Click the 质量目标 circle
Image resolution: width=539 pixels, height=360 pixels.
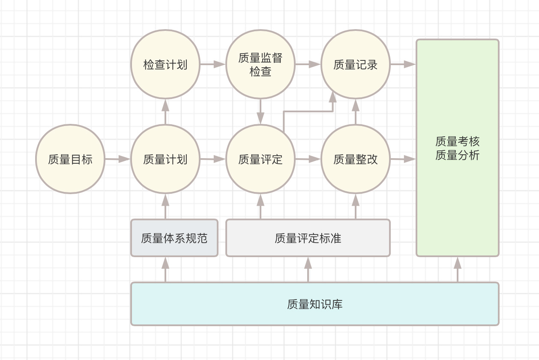pos(70,159)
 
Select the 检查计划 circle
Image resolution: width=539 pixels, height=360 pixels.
pos(165,64)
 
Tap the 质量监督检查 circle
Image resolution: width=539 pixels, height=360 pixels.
pos(261,64)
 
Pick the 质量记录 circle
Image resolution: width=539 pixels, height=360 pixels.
pos(356,64)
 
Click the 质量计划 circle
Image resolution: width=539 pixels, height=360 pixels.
pos(165,159)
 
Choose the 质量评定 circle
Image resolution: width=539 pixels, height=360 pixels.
pos(261,159)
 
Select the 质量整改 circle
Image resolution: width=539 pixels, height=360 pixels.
pos(356,159)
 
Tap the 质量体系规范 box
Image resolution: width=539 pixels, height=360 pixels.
pos(174,238)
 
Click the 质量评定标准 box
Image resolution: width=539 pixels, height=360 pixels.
pos(308,238)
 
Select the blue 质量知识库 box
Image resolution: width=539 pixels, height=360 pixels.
pos(315,304)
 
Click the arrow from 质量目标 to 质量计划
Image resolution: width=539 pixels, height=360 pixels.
pos(118,159)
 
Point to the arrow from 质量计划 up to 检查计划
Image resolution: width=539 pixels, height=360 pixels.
pos(165,111)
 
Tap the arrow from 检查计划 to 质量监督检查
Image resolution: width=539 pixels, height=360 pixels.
pos(213,64)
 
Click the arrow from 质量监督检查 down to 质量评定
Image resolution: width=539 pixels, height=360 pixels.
pos(261,111)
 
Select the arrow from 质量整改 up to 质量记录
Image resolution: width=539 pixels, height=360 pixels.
pos(356,111)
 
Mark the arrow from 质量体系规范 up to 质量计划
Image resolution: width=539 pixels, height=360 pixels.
pos(165,206)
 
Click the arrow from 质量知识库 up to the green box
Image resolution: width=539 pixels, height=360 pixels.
pos(458,270)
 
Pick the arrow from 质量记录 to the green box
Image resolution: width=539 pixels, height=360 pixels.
pos(403,64)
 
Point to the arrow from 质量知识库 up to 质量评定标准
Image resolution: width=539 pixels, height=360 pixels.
pos(308,270)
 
